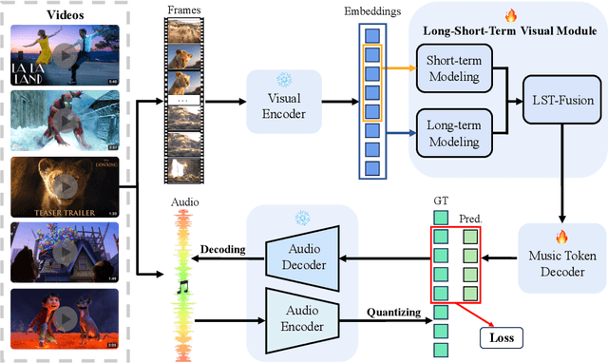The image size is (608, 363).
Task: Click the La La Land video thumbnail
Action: pyautogui.click(x=65, y=54)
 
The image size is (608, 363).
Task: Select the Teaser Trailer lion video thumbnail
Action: pyautogui.click(x=65, y=186)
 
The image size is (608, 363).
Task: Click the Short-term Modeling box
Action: pyautogui.click(x=455, y=77)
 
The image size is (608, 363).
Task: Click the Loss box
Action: pyautogui.click(x=502, y=335)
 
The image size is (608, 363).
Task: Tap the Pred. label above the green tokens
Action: pyautogui.click(x=472, y=218)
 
